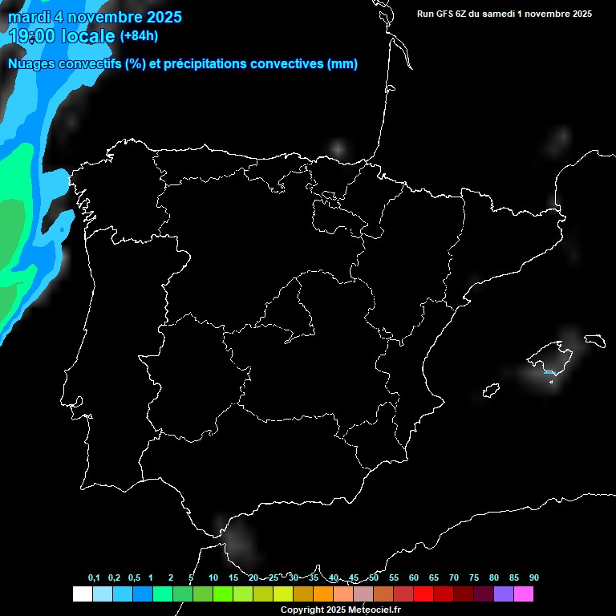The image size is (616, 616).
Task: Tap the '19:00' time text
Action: tap(31, 36)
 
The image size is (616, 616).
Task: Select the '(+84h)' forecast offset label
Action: tap(139, 35)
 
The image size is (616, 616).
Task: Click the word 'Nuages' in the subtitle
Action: tap(33, 64)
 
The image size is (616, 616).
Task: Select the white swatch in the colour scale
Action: tap(82, 594)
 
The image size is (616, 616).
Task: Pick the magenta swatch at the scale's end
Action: tap(524, 594)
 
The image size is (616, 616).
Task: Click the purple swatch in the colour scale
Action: tap(504, 594)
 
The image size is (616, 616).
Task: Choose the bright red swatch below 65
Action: tap(423, 594)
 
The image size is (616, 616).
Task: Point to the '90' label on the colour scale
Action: tap(533, 578)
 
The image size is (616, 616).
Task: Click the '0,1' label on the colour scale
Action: tap(94, 578)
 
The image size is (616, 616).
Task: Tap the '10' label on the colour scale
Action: tap(213, 578)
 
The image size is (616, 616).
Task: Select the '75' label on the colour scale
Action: tap(473, 578)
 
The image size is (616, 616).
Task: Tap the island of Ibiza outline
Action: tap(491, 391)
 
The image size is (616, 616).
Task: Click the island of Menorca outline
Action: tap(594, 340)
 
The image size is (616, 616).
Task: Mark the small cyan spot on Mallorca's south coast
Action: tap(549, 372)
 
